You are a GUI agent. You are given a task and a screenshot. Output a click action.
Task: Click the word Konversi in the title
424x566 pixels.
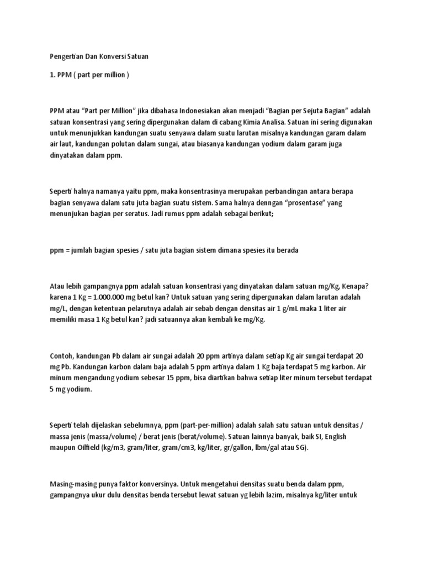(114, 56)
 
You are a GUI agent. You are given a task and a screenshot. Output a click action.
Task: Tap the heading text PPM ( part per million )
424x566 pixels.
(88, 75)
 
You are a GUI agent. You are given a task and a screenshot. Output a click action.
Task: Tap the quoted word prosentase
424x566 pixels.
(293, 203)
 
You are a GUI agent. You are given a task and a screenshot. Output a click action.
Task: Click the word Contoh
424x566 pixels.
(61, 355)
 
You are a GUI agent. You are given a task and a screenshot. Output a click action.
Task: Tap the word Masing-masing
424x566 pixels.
(75, 484)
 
